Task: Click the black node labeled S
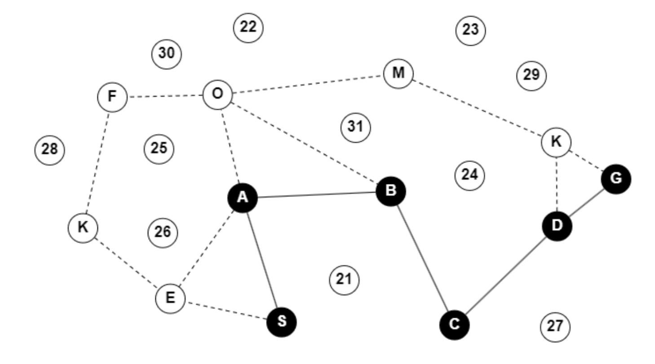pyautogui.click(x=282, y=322)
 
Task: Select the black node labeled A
pyautogui.click(x=243, y=198)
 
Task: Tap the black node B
pyautogui.click(x=391, y=192)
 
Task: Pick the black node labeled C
pyautogui.click(x=454, y=325)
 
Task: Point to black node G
pyautogui.click(x=616, y=179)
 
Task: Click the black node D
pyautogui.click(x=557, y=226)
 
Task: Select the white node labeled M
pyautogui.click(x=398, y=73)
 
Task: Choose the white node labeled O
pyautogui.click(x=217, y=95)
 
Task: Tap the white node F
pyautogui.click(x=112, y=97)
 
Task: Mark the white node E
pyautogui.click(x=170, y=298)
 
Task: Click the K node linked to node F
pyautogui.click(x=83, y=228)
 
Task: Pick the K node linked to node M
pyautogui.click(x=556, y=142)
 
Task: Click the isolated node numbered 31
pyautogui.click(x=355, y=127)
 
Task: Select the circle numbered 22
pyautogui.click(x=248, y=28)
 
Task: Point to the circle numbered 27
pyautogui.click(x=555, y=327)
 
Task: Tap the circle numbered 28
pyautogui.click(x=49, y=149)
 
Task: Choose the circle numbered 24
pyautogui.click(x=469, y=175)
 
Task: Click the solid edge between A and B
pyautogui.click(x=317, y=195)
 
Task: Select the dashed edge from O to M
pyautogui.click(x=308, y=84)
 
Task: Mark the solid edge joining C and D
pyautogui.click(x=505, y=275)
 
